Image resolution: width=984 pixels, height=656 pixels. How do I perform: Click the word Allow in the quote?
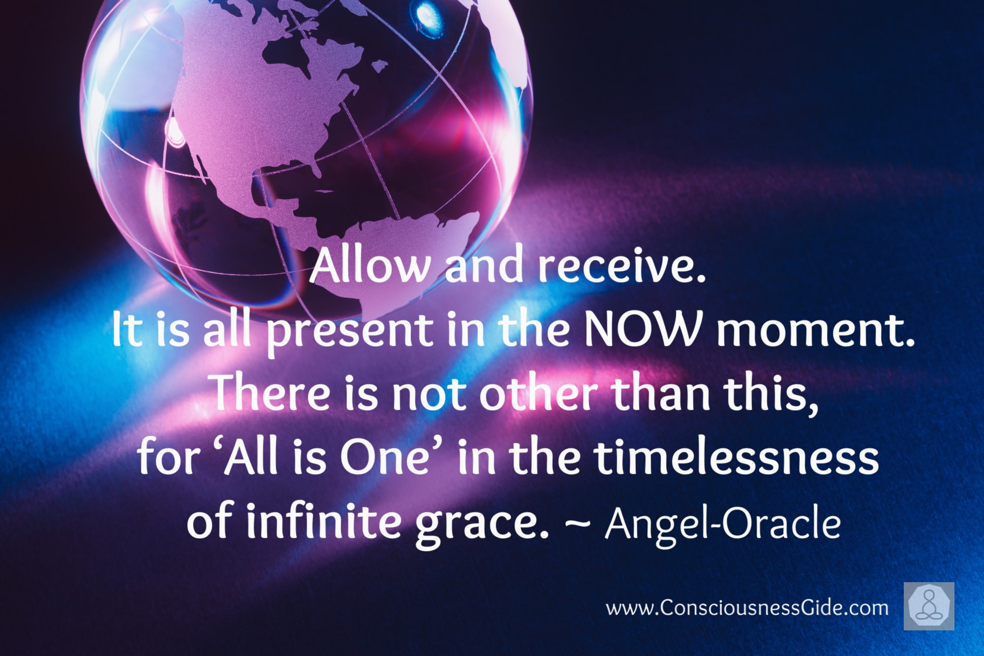[369, 266]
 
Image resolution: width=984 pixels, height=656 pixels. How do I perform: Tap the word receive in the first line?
[621, 266]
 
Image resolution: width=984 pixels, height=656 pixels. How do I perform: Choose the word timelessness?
[737, 457]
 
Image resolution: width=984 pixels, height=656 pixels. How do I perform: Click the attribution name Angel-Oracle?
[723, 524]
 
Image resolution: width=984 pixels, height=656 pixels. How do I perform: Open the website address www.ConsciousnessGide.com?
[747, 608]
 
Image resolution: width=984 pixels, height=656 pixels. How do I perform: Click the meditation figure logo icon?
[929, 606]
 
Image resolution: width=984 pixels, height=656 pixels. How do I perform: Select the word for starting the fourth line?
[167, 457]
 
